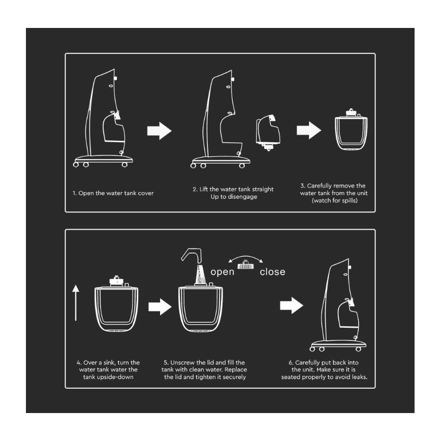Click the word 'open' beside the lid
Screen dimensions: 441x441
222,272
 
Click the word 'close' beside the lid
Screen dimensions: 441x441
272,272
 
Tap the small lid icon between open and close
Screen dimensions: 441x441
246,265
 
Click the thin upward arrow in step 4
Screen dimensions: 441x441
76,303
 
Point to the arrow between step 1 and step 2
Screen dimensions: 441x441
159,131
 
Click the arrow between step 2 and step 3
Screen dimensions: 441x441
309,131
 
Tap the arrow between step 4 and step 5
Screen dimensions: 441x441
160,306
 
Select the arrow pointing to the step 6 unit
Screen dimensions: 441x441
292,305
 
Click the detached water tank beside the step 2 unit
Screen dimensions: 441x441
268,132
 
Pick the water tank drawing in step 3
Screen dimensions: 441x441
351,130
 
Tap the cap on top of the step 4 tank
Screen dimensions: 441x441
116,281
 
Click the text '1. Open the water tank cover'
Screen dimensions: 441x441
113,193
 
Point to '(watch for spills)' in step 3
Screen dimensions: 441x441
334,201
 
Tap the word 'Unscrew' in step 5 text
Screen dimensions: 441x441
182,363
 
